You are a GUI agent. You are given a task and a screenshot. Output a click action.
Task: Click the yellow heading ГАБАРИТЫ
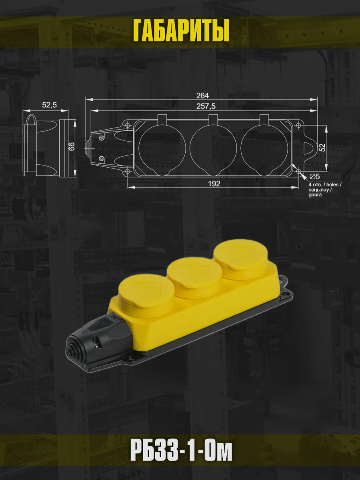point(181,31)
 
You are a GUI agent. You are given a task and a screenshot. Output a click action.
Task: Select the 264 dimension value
point(202,96)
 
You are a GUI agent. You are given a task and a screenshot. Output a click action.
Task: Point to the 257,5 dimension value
point(206,106)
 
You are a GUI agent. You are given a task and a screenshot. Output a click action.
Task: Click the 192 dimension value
point(214,184)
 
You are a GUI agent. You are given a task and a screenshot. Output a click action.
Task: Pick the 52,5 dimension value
point(49,105)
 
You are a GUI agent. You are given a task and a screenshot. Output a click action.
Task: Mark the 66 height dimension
point(72,146)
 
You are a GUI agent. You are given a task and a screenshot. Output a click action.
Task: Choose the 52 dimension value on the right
point(322,148)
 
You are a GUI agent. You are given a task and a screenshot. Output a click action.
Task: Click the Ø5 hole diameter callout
point(315,176)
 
